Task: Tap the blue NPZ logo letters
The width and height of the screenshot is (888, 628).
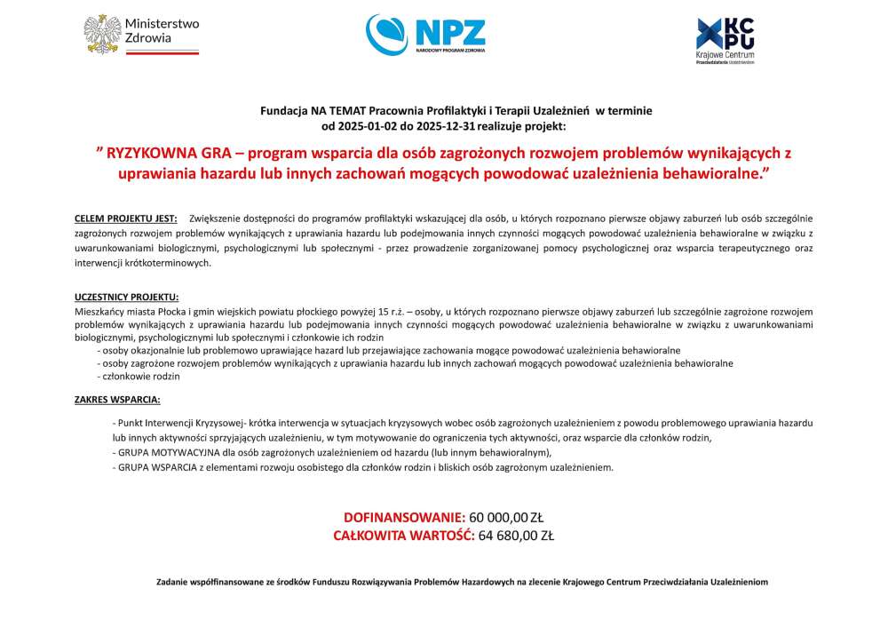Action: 450,32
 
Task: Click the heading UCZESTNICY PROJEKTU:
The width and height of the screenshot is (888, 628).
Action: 126,298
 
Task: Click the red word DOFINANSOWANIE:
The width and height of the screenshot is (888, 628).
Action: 404,517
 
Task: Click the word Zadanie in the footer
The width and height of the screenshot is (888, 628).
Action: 172,582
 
